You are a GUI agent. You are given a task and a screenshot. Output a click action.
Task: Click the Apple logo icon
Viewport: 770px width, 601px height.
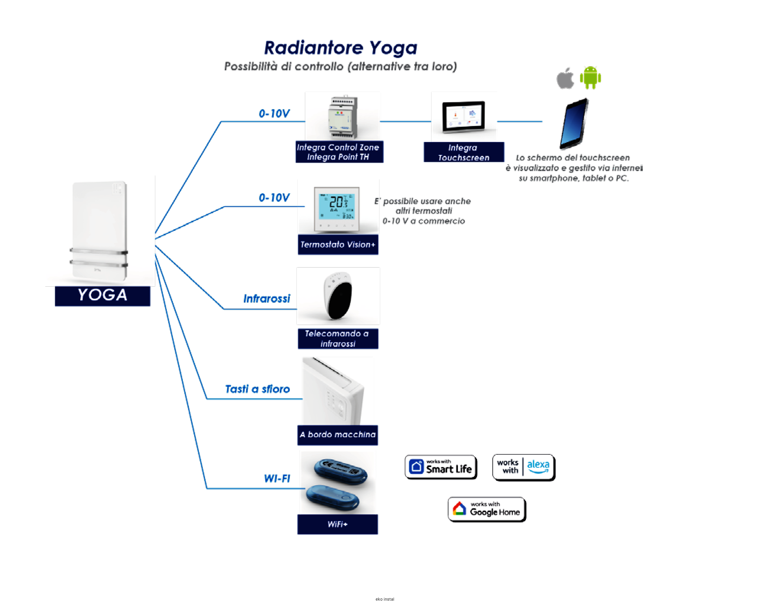pos(565,78)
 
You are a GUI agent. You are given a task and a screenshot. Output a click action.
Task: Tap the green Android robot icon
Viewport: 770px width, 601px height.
pos(590,78)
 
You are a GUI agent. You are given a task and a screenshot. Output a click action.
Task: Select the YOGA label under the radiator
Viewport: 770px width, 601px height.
pos(103,296)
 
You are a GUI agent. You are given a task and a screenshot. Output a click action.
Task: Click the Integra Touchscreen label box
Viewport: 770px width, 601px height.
pos(463,152)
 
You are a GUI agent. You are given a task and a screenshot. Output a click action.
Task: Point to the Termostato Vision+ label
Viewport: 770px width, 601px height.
pos(338,245)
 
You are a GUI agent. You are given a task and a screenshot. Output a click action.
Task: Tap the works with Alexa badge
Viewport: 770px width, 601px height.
pos(523,467)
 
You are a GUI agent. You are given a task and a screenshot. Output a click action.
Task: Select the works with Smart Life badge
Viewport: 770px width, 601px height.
pos(441,467)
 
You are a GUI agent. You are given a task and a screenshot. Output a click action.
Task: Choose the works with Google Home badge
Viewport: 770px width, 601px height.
pos(487,509)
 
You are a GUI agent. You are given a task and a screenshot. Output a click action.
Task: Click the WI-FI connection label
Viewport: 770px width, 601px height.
pos(277,479)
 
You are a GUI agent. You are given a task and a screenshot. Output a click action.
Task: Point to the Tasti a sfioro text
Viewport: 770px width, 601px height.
pos(257,389)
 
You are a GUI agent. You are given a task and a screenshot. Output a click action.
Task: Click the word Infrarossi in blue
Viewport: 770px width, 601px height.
pos(267,299)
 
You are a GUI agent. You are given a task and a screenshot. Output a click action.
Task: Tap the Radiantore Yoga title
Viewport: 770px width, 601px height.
pos(340,48)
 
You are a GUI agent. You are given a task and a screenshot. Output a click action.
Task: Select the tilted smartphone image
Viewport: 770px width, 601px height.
pos(574,123)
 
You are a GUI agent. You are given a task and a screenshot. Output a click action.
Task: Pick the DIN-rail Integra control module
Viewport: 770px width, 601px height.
pos(343,117)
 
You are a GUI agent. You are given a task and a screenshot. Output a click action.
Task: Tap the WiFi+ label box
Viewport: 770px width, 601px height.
pos(337,524)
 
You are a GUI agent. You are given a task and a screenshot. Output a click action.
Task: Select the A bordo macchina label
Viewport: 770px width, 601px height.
pos(337,435)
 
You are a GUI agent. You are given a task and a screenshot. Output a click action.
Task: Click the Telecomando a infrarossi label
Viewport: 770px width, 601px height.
pos(338,339)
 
